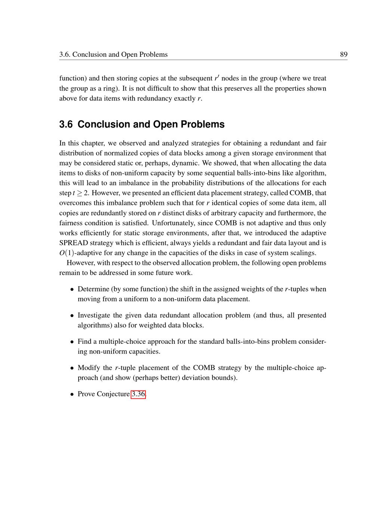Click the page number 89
[343, 55]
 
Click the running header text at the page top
[113, 55]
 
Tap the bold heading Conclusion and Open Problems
[151, 125]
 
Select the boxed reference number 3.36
[138, 394]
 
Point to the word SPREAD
[74, 243]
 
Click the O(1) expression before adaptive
[67, 253]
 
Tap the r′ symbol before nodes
[217, 78]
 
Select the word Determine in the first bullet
[93, 289]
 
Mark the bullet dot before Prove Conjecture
[72, 394]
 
